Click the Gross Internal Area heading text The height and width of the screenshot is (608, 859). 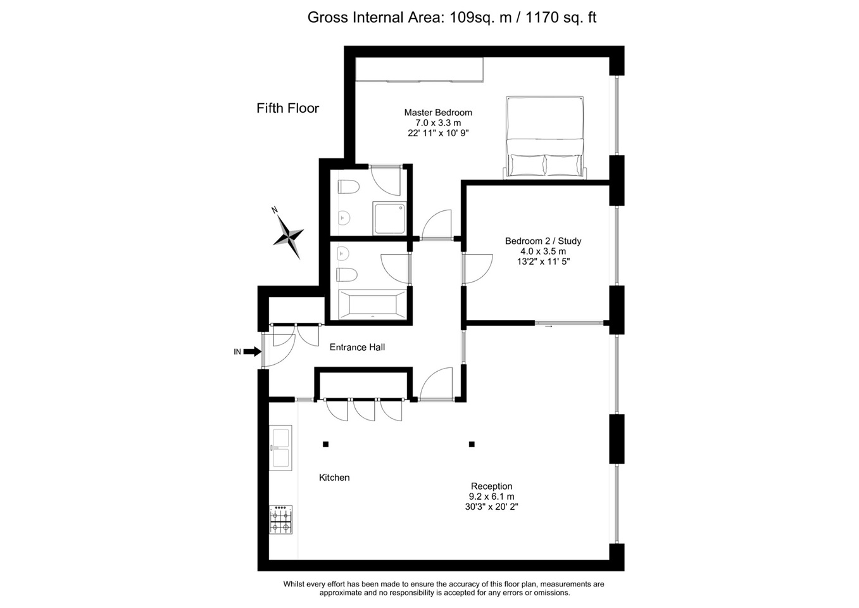451,18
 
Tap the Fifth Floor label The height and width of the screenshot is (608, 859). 287,108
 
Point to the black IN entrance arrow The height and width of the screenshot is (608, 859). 252,351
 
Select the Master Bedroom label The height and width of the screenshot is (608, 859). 438,122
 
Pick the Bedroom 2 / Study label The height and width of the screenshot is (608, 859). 542,251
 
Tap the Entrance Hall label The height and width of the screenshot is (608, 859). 357,347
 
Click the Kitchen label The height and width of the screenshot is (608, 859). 334,478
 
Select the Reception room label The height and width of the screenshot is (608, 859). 491,497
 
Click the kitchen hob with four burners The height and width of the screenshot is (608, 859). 280,519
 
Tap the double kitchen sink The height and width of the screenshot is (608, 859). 280,448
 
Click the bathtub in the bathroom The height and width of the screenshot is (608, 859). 372,304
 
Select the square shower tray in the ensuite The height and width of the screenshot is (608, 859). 388,218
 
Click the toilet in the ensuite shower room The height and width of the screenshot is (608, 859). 348,187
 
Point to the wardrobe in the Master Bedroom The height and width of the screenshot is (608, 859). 419,70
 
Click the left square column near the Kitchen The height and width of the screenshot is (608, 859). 325,445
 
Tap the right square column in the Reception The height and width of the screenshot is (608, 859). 472,445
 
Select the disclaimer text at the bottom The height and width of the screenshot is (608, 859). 444,588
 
